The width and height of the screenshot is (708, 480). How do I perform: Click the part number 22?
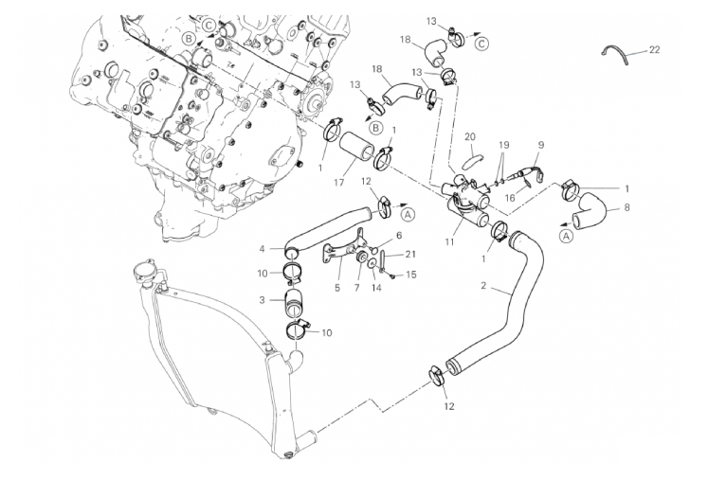coord(655,49)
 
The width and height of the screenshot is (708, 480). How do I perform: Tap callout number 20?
coord(470,136)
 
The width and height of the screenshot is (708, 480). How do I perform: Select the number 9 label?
coord(540,144)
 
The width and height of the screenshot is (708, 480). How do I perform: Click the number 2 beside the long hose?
coord(483,285)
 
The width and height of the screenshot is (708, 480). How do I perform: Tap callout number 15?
coord(411,275)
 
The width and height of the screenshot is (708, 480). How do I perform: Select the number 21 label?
coord(410,254)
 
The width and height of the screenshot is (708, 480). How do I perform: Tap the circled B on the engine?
coord(191,38)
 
